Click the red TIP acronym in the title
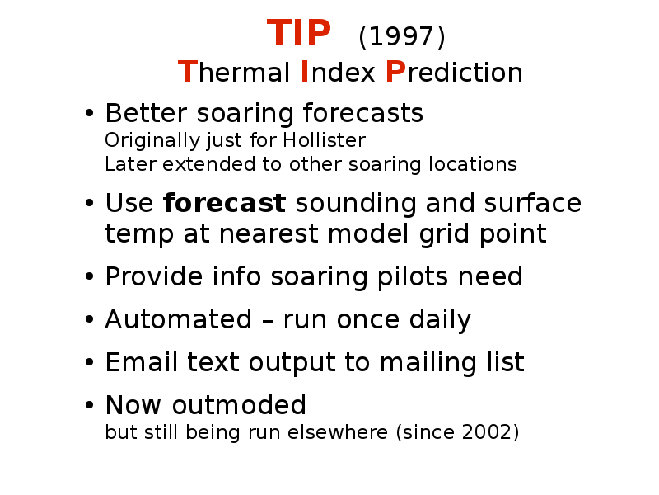pyautogui.click(x=299, y=33)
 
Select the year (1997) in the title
pyautogui.click(x=402, y=36)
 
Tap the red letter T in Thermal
pyautogui.click(x=188, y=72)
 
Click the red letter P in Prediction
pyautogui.click(x=395, y=72)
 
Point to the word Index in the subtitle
pyautogui.click(x=338, y=72)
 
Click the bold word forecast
pyautogui.click(x=224, y=203)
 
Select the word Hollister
pyautogui.click(x=324, y=140)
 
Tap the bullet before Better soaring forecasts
pyautogui.click(x=89, y=113)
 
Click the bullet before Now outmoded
pyautogui.click(x=89, y=405)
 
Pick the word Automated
pyautogui.click(x=178, y=319)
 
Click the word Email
pyautogui.click(x=141, y=361)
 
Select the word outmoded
pyautogui.click(x=239, y=405)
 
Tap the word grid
pyautogui.click(x=444, y=234)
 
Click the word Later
pyautogui.click(x=130, y=164)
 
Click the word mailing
pyautogui.click(x=428, y=362)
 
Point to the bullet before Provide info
pyautogui.click(x=89, y=277)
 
